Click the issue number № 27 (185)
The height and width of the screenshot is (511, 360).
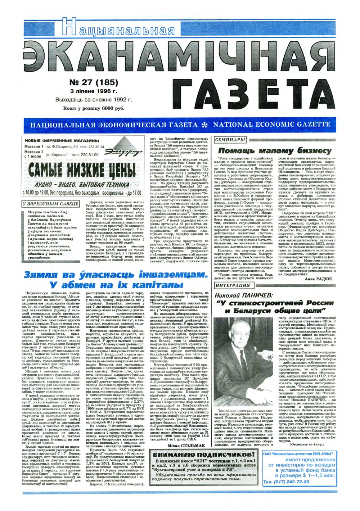93,82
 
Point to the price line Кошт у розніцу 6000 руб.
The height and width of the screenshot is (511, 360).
93,108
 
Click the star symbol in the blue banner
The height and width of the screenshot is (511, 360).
205,125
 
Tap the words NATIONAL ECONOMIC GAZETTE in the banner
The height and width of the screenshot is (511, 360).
271,125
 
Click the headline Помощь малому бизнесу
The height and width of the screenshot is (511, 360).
274,150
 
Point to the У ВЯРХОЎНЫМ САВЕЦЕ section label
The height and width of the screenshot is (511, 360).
51,204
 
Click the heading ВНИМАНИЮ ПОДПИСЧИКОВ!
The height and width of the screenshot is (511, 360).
204,455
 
